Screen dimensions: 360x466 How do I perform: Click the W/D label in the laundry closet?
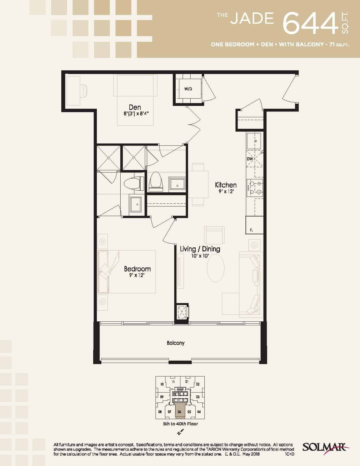pyautogui.click(x=188, y=89)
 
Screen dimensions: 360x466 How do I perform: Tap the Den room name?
pyautogui.click(x=135, y=107)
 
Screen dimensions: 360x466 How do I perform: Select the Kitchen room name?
pyautogui.click(x=226, y=185)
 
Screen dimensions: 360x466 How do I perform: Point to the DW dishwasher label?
pyautogui.click(x=250, y=159)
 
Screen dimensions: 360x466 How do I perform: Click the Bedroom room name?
pyautogui.click(x=137, y=269)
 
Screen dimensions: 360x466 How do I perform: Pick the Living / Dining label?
pyautogui.click(x=200, y=249)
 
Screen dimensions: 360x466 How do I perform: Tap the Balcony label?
pyautogui.click(x=176, y=343)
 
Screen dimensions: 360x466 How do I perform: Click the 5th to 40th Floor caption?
pyautogui.click(x=180, y=424)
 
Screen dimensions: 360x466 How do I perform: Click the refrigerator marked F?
pyautogui.click(x=254, y=225)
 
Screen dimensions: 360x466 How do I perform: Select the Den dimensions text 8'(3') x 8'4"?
pyautogui.click(x=136, y=114)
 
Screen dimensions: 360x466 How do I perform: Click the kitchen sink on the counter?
pyautogui.click(x=254, y=141)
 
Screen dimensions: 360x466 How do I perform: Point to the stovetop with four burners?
pyautogui.click(x=255, y=188)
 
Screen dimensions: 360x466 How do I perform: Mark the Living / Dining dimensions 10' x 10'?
pyautogui.click(x=200, y=256)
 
